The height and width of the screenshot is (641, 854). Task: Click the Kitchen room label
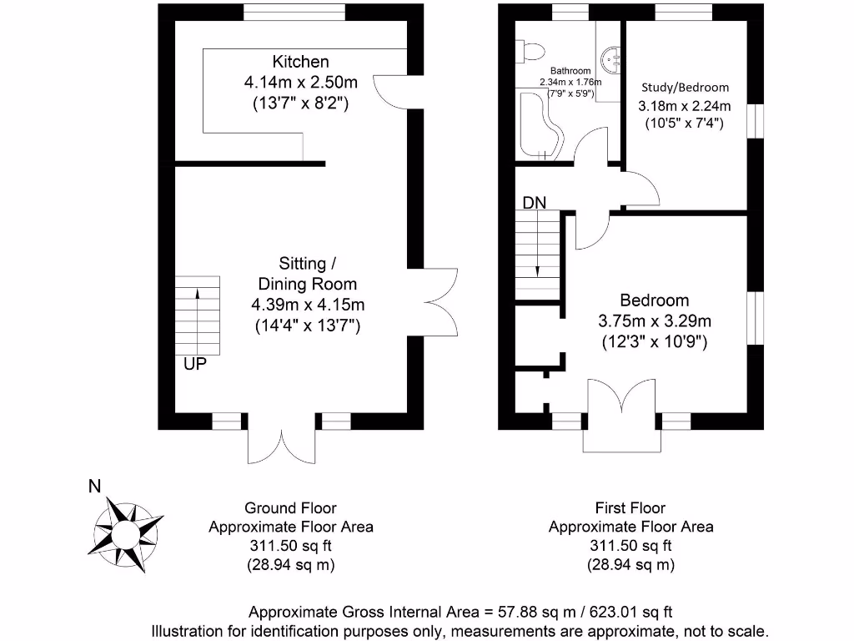coord(300,62)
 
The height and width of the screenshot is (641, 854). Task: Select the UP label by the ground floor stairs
coord(195,364)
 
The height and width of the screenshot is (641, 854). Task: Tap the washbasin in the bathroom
coord(613,59)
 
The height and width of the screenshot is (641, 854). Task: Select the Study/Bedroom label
coord(684,87)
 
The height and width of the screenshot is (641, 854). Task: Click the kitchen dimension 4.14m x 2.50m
coord(300,83)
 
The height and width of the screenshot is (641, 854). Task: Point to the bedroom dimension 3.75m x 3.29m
coord(655,320)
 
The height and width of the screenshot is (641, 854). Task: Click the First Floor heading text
coord(630,507)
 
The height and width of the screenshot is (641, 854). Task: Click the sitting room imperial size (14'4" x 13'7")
coord(307,326)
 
